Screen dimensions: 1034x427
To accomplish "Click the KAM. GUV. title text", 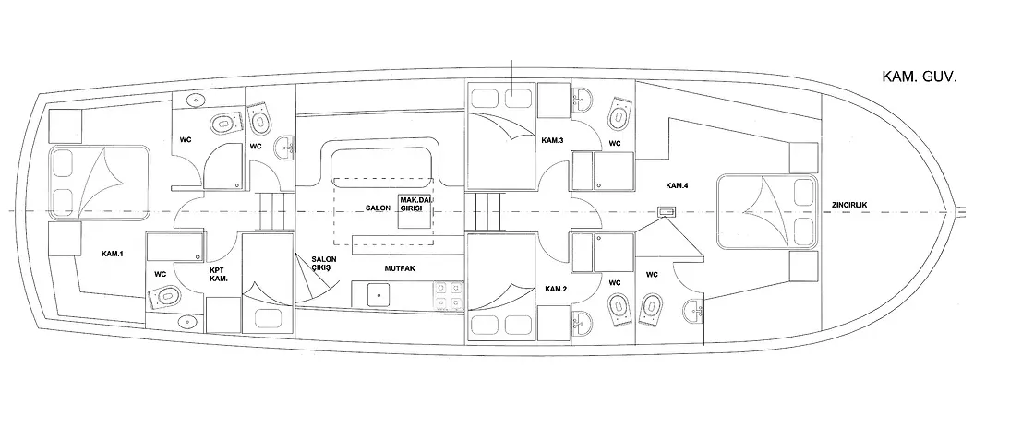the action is click(919, 77).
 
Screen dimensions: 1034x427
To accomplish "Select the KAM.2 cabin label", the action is click(556, 289).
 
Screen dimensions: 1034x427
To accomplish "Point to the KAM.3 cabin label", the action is click(552, 140).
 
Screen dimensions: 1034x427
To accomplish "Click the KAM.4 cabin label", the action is click(678, 185).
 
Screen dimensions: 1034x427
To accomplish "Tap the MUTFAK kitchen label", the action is click(401, 268).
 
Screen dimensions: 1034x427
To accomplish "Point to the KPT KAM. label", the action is click(218, 275).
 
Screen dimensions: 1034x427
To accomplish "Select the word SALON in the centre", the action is click(379, 208).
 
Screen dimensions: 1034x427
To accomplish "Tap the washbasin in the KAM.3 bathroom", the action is click(582, 101).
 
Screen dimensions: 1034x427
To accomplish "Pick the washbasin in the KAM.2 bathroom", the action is click(582, 321).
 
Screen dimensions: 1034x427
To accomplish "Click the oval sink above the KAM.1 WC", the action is click(196, 101).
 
